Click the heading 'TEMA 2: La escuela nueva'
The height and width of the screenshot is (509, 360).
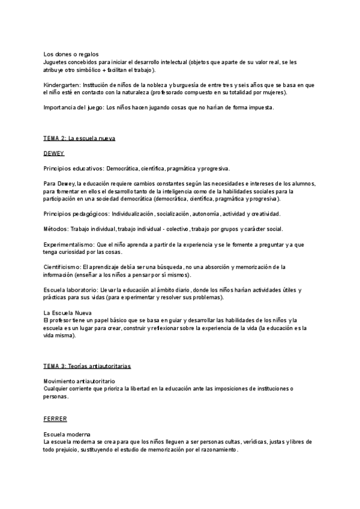[x=79, y=139]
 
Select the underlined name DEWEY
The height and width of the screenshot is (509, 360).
[x=54, y=154]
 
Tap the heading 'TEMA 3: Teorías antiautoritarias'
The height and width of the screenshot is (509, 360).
[x=87, y=366]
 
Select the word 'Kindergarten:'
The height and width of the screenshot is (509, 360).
[x=62, y=85]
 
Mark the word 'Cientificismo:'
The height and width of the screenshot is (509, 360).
[x=62, y=267]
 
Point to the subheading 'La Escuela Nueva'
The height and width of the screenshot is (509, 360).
[x=67, y=313]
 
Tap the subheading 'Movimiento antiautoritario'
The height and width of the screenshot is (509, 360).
[x=80, y=381]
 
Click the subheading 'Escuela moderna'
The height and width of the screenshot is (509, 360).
[x=67, y=434]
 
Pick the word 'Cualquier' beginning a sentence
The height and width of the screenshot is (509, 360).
[x=58, y=388]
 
